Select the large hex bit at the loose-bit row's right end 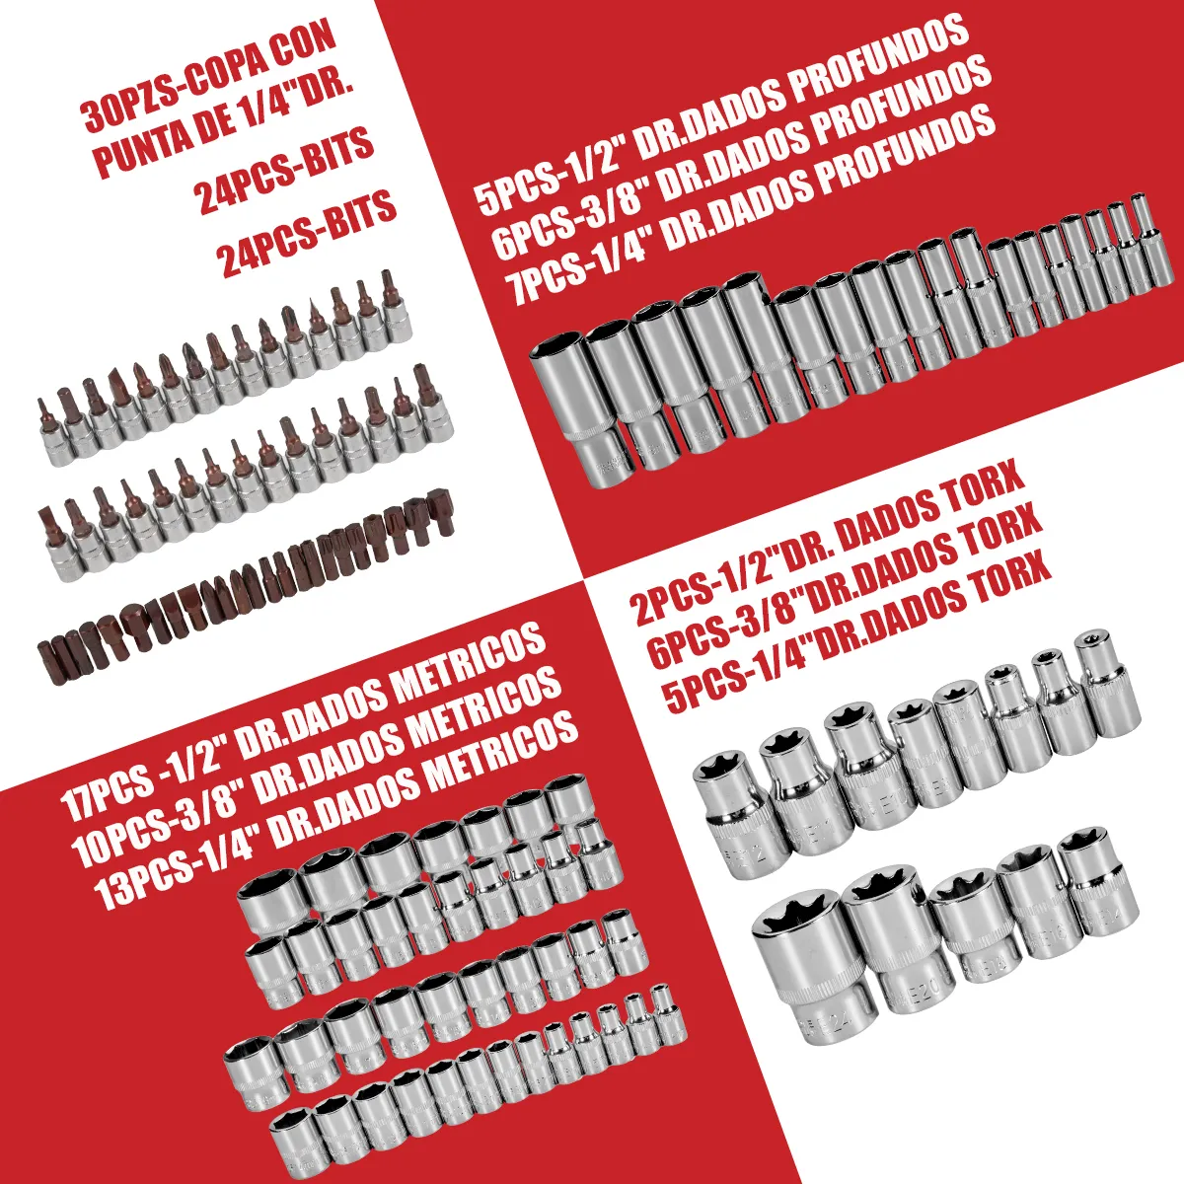(x=440, y=515)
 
